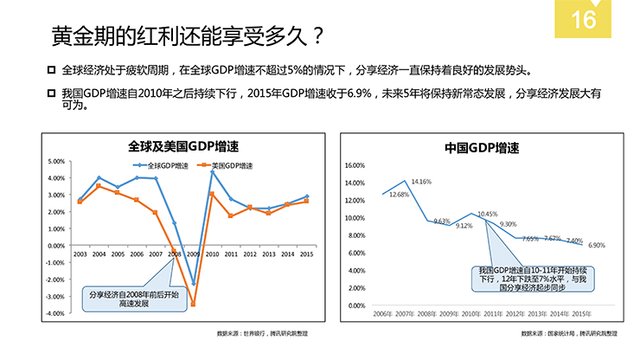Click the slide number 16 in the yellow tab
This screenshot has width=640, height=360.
584,18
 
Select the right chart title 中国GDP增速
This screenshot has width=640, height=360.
482,147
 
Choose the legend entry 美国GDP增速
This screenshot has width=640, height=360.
227,165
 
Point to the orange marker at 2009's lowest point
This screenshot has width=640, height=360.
193,304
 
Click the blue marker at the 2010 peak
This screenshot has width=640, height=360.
212,172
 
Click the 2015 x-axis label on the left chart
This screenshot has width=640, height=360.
306,254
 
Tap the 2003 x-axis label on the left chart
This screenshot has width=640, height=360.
80,254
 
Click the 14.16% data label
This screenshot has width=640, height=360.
421,182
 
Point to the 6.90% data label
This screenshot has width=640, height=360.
597,245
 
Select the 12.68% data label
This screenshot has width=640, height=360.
400,195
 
